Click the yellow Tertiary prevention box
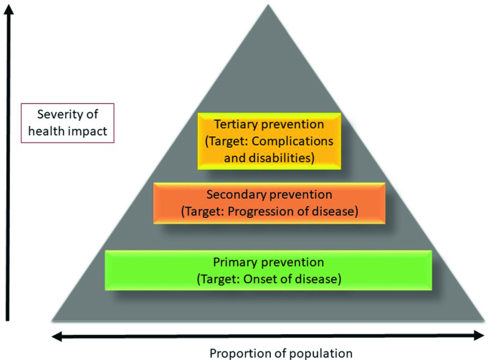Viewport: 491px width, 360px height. (x=267, y=140)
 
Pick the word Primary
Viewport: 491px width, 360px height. (x=234, y=262)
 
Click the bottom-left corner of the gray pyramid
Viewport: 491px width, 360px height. (x=53, y=320)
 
